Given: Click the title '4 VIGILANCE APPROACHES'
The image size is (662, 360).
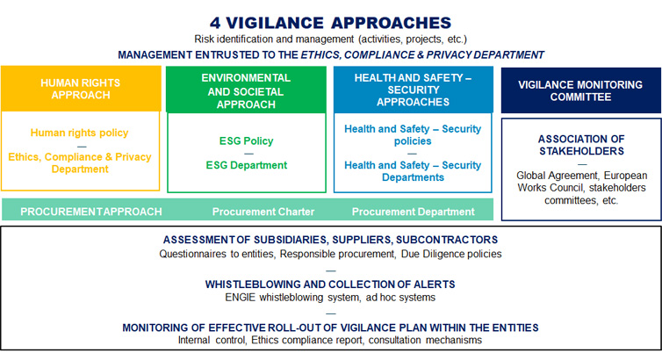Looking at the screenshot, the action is tap(331, 22).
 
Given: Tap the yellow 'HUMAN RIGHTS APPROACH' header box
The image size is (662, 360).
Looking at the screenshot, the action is tap(81, 89).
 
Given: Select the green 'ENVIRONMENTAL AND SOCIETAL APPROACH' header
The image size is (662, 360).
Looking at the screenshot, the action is tap(246, 90).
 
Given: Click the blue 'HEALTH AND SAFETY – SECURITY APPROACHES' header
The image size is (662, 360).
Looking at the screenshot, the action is tap(413, 90).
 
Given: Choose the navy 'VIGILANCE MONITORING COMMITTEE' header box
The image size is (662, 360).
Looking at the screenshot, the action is tap(580, 90).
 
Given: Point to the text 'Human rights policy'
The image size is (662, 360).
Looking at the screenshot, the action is tap(79, 133).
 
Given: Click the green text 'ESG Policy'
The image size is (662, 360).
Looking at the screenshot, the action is tap(246, 141).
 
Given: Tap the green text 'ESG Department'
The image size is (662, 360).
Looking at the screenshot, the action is tap(246, 165).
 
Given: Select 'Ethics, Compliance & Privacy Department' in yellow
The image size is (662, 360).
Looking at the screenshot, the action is tap(80, 163).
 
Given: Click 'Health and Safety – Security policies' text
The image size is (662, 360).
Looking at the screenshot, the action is tap(413, 134).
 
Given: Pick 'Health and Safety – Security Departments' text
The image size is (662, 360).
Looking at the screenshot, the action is tap(413, 171).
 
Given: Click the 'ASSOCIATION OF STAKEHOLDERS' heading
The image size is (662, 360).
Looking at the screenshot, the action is tap(581, 145).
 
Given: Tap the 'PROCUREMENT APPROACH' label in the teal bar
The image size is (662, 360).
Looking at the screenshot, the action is tap(91, 212).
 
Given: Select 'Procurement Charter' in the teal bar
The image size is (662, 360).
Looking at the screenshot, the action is tap(263, 212).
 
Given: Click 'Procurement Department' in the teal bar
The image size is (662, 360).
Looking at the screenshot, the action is tap(413, 212).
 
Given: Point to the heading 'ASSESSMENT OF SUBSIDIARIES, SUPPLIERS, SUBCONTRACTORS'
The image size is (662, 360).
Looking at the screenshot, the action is tap(331, 240).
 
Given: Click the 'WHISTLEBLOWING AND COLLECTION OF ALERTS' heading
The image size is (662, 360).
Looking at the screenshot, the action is tap(330, 284).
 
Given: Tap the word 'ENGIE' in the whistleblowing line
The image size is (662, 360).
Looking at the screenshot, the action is tap(241, 298).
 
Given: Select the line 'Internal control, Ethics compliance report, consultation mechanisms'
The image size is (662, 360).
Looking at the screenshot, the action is tap(330, 340).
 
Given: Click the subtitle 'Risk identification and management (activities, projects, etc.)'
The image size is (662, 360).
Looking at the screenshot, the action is tap(331, 40).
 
